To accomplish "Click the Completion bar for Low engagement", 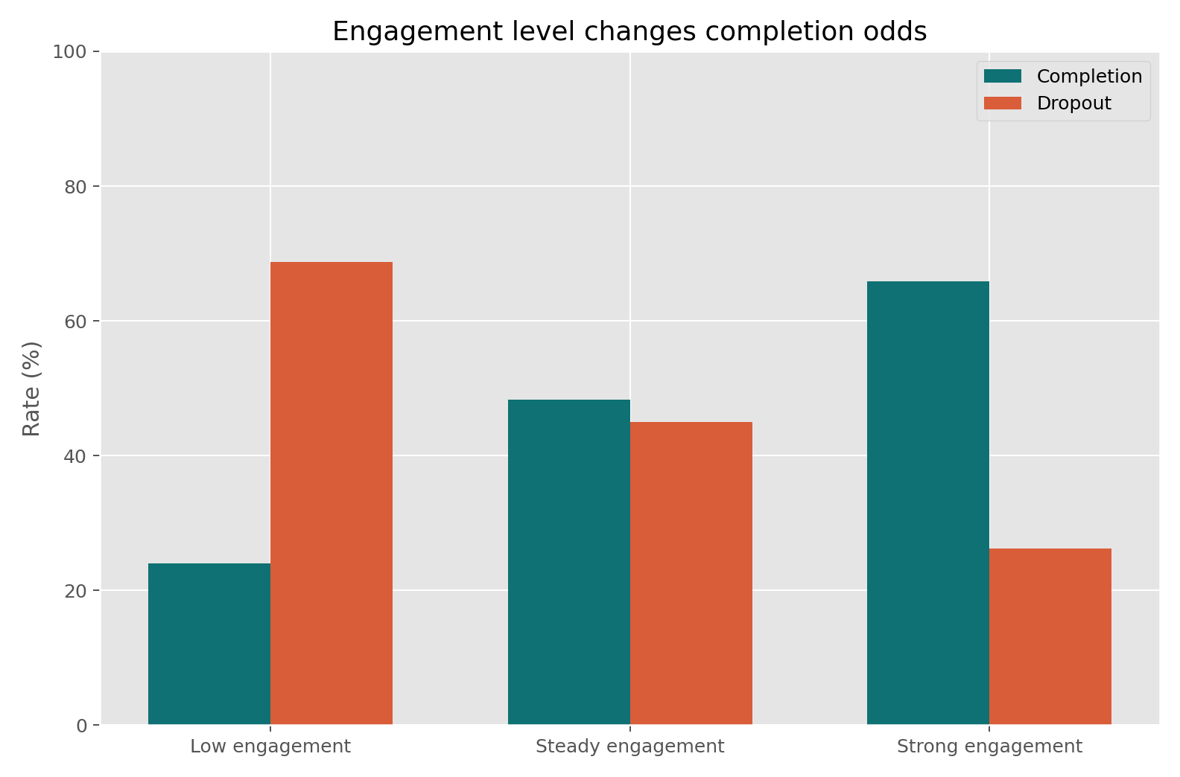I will (x=209, y=644).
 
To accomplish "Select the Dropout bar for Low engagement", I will (x=332, y=493).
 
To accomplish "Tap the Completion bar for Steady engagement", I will (x=569, y=562).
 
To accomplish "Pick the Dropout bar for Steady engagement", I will (x=691, y=573).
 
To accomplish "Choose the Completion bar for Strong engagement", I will (x=928, y=502).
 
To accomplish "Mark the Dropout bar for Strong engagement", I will (x=1050, y=636).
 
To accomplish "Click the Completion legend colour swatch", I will (x=1003, y=77).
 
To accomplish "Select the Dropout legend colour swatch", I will (x=1003, y=103).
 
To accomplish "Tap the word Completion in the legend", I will (x=1089, y=77).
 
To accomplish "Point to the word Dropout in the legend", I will (x=1073, y=103).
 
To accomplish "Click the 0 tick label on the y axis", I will (x=81, y=726).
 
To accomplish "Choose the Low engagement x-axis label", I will (x=270, y=746).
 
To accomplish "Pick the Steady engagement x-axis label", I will (x=630, y=746).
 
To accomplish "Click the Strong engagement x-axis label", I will (x=989, y=746).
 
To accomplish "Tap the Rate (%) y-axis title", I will (x=31, y=388).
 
